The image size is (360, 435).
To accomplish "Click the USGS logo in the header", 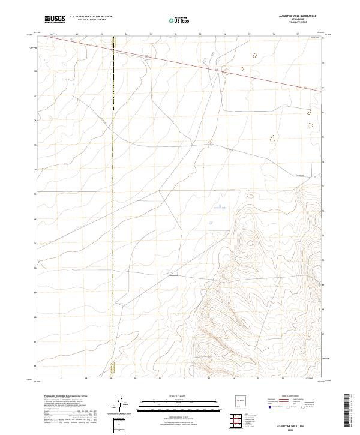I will [x=55, y=19].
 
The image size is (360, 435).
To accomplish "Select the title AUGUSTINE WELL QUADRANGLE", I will [x=298, y=17].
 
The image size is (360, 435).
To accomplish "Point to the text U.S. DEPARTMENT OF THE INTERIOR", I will [x=91, y=17].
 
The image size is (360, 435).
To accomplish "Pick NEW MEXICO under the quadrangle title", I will [x=298, y=20].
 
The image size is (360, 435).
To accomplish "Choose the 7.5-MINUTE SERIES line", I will [x=298, y=23].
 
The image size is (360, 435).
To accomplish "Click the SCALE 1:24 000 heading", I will [x=179, y=397].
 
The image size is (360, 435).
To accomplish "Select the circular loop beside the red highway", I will [x=226, y=72].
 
